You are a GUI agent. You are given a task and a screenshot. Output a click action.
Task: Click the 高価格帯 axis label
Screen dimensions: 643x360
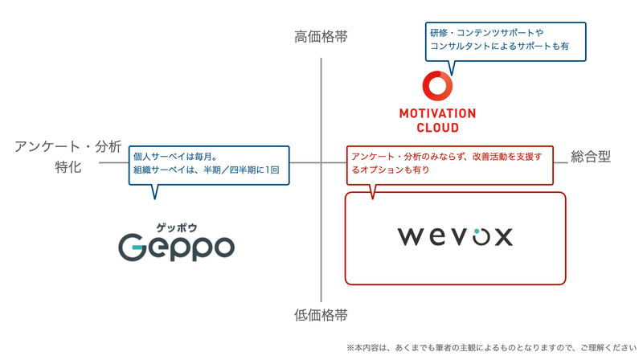(321, 37)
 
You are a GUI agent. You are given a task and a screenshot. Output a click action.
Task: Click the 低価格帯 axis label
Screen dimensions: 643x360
(321, 315)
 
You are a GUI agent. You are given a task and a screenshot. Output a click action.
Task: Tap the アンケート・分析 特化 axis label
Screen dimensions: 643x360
(68, 157)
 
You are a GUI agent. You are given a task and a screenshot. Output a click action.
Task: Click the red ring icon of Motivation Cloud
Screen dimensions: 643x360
(437, 86)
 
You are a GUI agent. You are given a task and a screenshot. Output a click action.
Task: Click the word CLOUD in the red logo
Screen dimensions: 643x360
(437, 128)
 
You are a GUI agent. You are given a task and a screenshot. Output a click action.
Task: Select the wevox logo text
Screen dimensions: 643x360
(455, 236)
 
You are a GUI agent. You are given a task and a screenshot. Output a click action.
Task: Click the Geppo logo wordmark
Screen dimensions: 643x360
(177, 247)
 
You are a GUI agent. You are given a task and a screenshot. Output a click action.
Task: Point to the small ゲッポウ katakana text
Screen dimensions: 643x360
(177, 227)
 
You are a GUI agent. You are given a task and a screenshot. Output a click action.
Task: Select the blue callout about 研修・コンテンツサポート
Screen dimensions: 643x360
(505, 40)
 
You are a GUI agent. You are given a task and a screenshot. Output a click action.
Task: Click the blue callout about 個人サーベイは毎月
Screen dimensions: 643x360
(208, 164)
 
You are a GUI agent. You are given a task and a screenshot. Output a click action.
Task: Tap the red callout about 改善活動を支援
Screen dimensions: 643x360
(449, 163)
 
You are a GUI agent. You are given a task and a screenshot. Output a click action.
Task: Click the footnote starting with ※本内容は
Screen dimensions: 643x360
(491, 348)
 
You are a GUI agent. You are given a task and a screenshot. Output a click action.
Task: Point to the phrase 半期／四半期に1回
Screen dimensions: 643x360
(240, 170)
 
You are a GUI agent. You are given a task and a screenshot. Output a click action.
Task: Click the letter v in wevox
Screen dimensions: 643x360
(456, 236)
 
